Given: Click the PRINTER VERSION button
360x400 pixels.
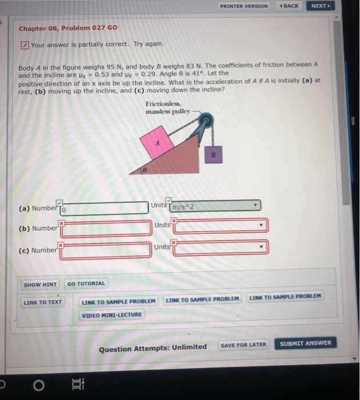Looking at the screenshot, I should pos(243,6).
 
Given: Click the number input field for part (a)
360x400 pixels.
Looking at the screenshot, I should pos(104,208).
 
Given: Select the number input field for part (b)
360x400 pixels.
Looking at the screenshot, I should pos(104,229).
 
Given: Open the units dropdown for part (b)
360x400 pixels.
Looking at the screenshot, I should pos(220,226).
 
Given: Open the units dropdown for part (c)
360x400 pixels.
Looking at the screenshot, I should pos(220,248).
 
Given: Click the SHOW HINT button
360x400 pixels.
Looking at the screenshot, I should pos(40,284).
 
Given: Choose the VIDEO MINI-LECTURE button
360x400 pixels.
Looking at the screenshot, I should pos(111,314).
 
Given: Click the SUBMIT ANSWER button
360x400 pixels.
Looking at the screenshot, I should pos(305,343).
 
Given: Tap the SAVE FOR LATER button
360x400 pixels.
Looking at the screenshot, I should pos(243,345).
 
